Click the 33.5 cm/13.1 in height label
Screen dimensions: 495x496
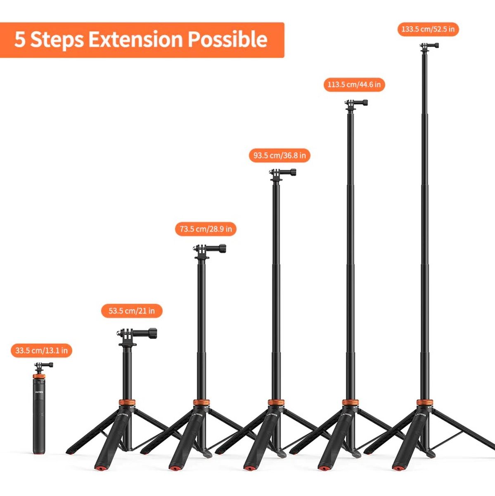pyautogui.click(x=41, y=351)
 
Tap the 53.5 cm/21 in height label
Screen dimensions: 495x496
pyautogui.click(x=132, y=311)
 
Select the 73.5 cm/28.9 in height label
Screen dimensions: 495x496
pyautogui.click(x=206, y=229)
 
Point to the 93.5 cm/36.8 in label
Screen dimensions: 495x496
pyautogui.click(x=279, y=155)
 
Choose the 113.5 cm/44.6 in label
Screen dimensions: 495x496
pyautogui.click(x=354, y=84)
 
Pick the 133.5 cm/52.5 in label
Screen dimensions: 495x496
pyautogui.click(x=428, y=29)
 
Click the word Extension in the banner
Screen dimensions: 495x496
pyautogui.click(x=135, y=39)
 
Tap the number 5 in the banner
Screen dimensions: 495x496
pyautogui.click(x=20, y=39)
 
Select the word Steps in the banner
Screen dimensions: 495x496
pyautogui.click(x=57, y=40)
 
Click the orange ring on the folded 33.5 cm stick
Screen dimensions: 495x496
pyautogui.click(x=39, y=377)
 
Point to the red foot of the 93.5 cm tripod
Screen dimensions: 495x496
pyautogui.click(x=249, y=467)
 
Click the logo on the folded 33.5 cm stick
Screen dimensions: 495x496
pyautogui.click(x=39, y=392)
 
